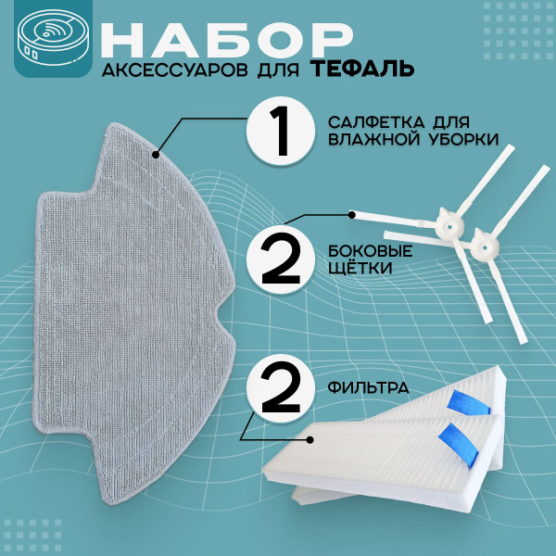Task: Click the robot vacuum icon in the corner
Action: click(54, 38)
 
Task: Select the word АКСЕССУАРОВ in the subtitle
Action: click(175, 70)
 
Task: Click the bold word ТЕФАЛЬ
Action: click(364, 69)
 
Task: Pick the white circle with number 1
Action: click(281, 131)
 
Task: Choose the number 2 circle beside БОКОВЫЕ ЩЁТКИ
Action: click(281, 259)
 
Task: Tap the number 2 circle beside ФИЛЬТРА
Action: click(281, 387)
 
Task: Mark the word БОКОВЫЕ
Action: click(370, 251)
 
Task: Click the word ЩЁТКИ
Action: click(360, 268)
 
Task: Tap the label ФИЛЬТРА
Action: click(368, 387)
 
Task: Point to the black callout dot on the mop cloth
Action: click(156, 155)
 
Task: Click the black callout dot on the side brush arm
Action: click(352, 215)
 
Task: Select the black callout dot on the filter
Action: click(310, 440)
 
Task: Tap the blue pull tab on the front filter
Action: click(459, 445)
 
